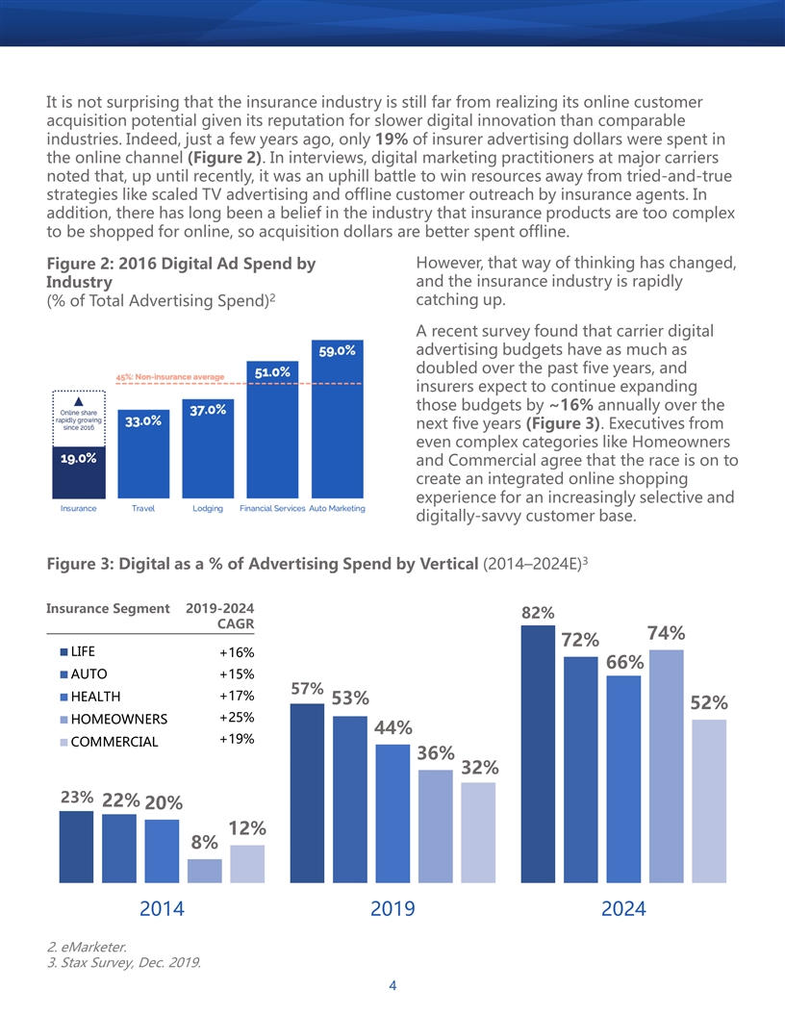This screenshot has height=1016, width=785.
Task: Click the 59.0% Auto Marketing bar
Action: click(337, 419)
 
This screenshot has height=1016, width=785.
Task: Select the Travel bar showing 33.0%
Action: click(143, 453)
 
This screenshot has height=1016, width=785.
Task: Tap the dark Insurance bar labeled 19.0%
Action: click(78, 472)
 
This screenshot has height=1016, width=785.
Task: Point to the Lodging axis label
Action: click(207, 509)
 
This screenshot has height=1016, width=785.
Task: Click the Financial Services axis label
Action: click(272, 509)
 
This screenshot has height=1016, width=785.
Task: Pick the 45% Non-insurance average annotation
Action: click(169, 376)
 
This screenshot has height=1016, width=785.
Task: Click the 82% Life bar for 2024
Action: click(538, 753)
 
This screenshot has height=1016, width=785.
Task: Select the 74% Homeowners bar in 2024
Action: click(666, 766)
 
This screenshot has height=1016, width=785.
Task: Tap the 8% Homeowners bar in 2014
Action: click(205, 871)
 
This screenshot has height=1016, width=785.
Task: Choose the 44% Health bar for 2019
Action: click(392, 813)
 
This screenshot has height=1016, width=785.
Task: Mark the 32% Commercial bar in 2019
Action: click(478, 832)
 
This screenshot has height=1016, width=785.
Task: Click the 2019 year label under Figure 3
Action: click(392, 908)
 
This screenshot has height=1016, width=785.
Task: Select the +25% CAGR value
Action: click(237, 718)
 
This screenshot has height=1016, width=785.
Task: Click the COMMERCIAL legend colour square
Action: click(63, 742)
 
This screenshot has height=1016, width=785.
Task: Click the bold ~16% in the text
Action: click(570, 405)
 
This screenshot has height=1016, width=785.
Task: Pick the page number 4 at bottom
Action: click(392, 985)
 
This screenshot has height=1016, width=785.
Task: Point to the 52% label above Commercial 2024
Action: click(709, 703)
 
